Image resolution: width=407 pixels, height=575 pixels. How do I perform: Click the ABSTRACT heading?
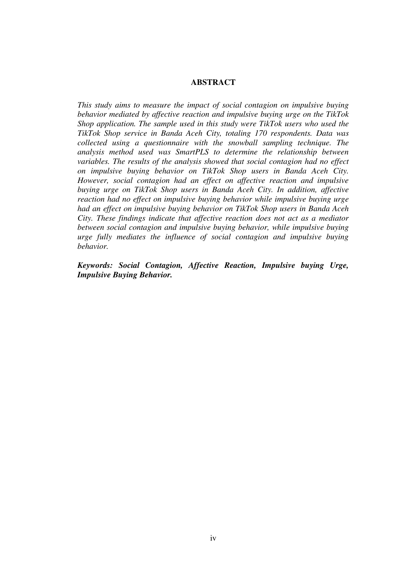213,82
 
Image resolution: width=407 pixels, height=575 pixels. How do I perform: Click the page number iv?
213,538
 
